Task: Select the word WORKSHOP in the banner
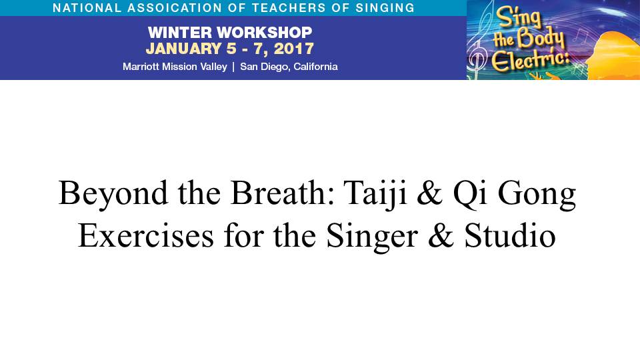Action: coord(265,32)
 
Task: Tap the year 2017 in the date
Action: coord(293,49)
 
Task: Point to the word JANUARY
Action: coord(184,49)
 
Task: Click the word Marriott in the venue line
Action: coord(141,67)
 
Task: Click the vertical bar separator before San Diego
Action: coord(233,67)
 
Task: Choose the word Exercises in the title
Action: coord(146,236)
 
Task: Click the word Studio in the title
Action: coord(510,235)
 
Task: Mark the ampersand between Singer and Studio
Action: coord(441,236)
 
